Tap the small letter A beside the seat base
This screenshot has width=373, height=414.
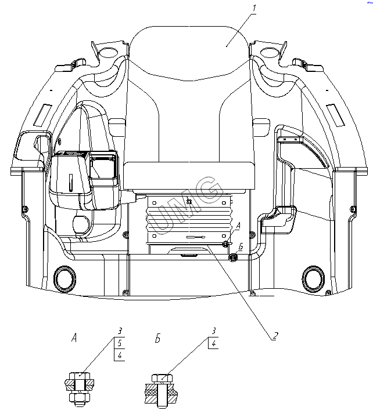click(237, 226)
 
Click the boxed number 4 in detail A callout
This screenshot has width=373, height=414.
click(119, 355)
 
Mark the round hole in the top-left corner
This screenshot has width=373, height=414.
click(107, 53)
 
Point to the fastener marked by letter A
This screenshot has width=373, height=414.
click(226, 244)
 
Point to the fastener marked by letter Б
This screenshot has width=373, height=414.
click(233, 257)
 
